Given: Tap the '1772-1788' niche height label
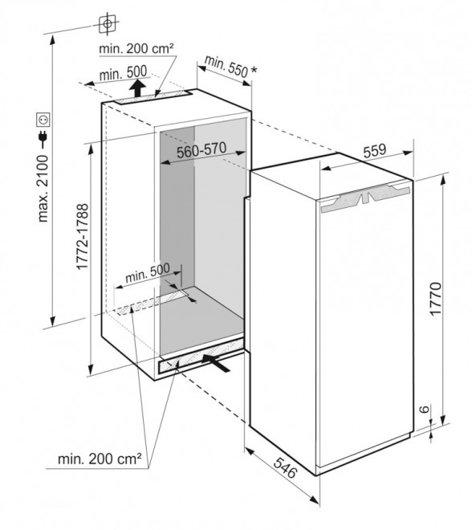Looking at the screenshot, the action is click(83, 236).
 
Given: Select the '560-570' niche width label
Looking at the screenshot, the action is click(201, 151).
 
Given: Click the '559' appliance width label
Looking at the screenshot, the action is click(375, 151).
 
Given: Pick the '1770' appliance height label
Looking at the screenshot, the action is click(436, 299).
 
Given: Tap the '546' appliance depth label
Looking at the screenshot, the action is click(285, 467).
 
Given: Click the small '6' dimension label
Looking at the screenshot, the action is click(425, 409).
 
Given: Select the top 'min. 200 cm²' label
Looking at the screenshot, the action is click(136, 49).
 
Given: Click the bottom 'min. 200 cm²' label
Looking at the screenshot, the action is click(100, 459).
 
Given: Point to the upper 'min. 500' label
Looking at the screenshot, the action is click(124, 72).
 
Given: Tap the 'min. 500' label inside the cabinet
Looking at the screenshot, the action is click(148, 273).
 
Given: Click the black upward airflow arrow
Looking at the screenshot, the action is click(137, 88).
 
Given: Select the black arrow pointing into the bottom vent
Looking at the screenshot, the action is click(216, 362).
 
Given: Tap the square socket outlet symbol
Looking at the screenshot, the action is click(43, 120).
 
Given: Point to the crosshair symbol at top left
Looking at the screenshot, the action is click(108, 24).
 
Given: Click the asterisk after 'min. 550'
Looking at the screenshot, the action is click(254, 71).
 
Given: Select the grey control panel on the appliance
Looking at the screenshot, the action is click(364, 198).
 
